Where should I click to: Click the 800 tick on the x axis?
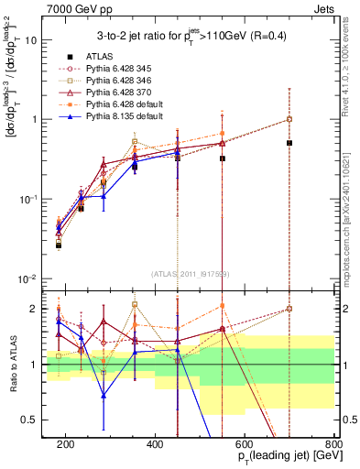click(334, 443)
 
